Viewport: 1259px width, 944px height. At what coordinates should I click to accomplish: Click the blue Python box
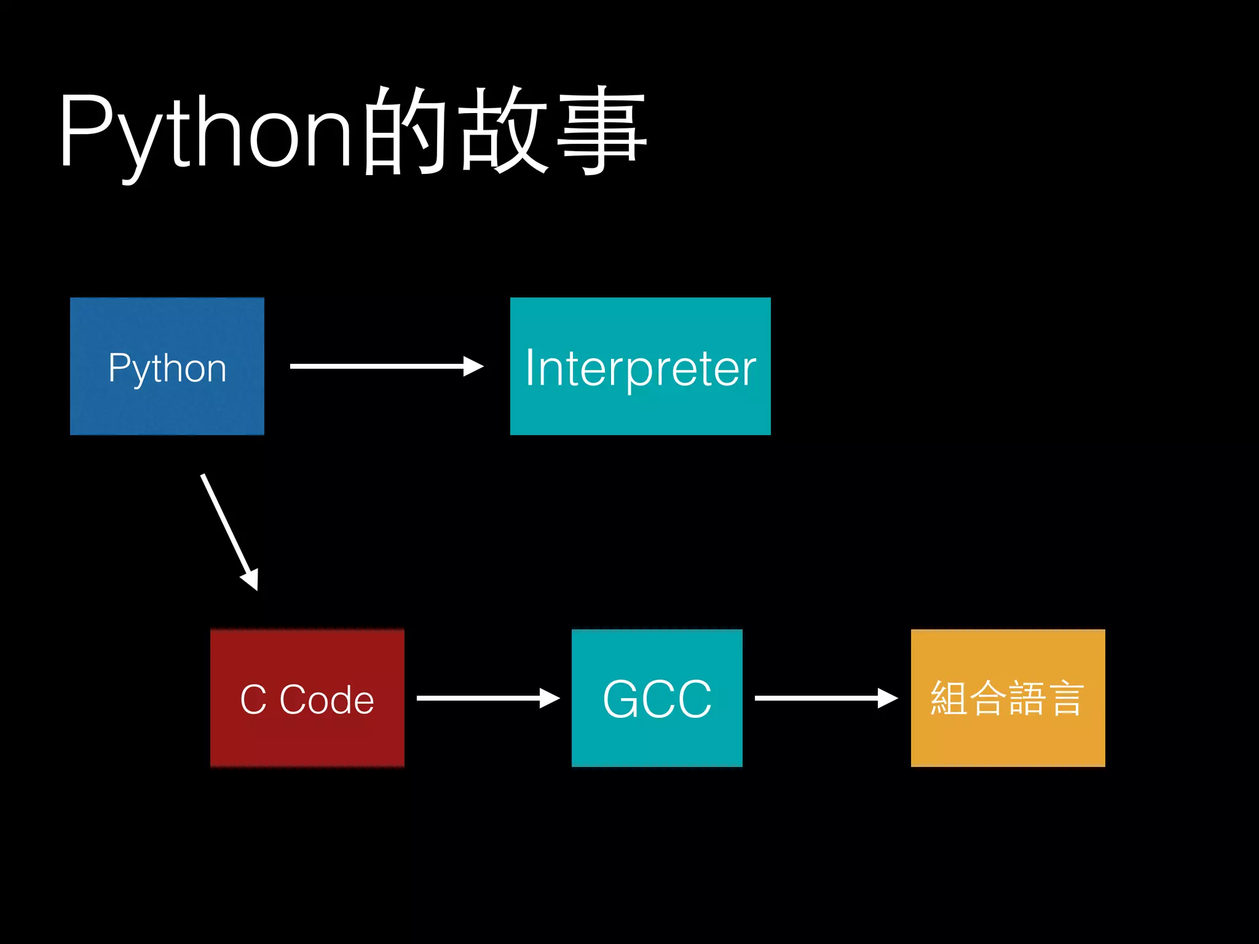click(167, 366)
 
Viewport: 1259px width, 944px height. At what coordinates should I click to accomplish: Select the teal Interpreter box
click(640, 366)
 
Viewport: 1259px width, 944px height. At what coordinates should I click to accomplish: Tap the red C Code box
click(307, 698)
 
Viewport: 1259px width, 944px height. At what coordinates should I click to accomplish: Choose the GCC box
click(657, 698)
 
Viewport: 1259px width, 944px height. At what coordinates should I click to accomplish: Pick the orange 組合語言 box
click(1008, 698)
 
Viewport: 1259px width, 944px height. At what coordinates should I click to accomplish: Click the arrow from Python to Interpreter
click(381, 366)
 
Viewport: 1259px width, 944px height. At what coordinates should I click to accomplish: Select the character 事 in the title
click(601, 130)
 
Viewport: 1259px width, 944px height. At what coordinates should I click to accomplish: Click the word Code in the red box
click(326, 699)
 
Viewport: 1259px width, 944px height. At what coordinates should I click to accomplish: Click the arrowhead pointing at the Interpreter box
click(473, 366)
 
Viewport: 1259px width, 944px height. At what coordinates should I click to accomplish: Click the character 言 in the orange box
click(1065, 698)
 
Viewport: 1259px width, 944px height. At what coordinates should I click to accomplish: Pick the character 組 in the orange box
click(949, 698)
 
